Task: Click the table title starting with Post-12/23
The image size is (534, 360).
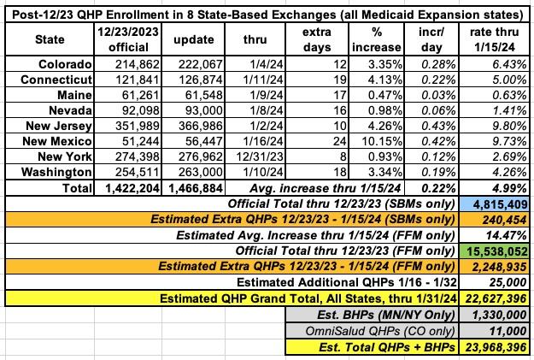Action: [x=267, y=11]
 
